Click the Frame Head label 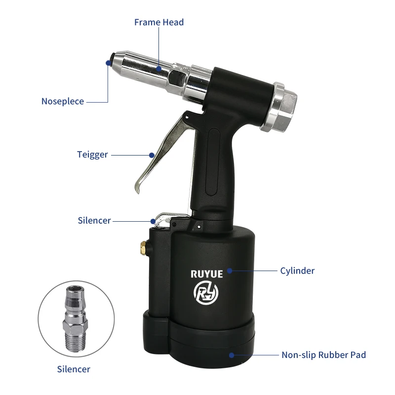click(x=159, y=22)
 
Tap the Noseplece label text click(x=63, y=102)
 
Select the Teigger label click(x=92, y=155)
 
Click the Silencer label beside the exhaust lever click(x=94, y=220)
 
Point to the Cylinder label click(x=297, y=271)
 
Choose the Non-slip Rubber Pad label click(x=323, y=355)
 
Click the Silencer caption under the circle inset click(x=74, y=369)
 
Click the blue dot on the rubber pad click(x=232, y=355)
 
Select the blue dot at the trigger click(x=152, y=155)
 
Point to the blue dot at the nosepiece click(x=108, y=62)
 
